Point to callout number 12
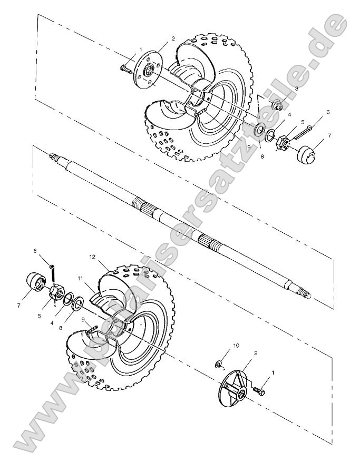coord(92,257)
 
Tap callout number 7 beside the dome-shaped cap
coord(329,136)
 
